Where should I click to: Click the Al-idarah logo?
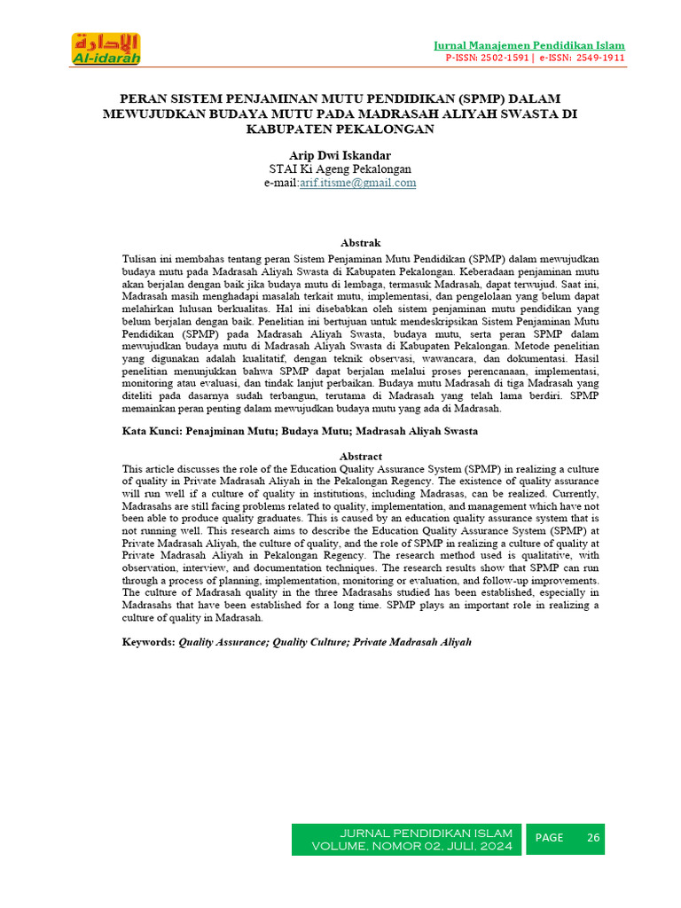(106, 48)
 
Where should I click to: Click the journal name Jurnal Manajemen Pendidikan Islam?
(528, 45)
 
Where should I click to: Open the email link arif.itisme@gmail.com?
(357, 183)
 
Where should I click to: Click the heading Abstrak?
(360, 242)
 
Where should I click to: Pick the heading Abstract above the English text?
(360, 456)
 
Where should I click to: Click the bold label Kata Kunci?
(151, 431)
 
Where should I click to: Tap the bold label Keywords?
(147, 641)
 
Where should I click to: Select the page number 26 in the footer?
(593, 838)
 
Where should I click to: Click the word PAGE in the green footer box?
(549, 838)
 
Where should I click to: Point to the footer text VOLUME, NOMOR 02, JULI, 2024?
(411, 847)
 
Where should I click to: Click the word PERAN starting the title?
(143, 98)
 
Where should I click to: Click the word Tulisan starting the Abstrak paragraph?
(141, 258)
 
